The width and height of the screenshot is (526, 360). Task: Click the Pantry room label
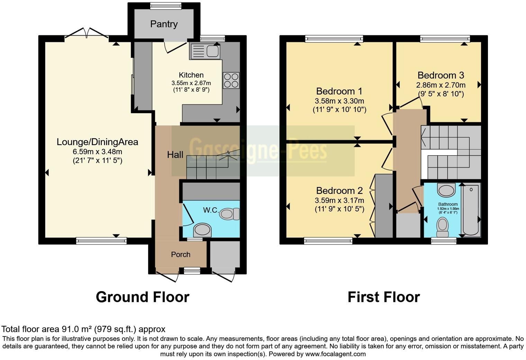coord(164,24)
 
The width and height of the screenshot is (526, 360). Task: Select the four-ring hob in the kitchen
coord(231,80)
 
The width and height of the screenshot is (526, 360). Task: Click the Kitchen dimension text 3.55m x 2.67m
coord(191,83)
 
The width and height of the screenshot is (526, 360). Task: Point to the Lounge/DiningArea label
coord(97,142)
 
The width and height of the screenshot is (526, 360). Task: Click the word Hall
coord(175,155)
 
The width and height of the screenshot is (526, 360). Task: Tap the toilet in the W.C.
coord(229,214)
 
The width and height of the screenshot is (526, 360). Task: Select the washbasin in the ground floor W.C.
coord(202,229)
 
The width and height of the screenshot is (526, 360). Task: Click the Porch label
coord(181,254)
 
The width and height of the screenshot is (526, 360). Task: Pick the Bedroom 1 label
coord(339,91)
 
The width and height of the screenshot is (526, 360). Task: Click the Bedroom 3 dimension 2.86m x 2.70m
coord(441,85)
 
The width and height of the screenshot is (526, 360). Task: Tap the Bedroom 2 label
coord(339,191)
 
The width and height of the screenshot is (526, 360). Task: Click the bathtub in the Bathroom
coord(471,210)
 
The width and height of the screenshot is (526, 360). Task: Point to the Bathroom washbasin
coord(446,190)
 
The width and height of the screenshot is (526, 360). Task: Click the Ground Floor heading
coord(142,297)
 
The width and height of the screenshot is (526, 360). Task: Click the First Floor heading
coord(383,297)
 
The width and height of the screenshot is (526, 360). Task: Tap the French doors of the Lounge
coord(87,33)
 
